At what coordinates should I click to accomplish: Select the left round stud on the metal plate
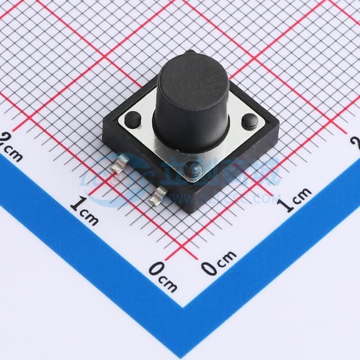[133, 119]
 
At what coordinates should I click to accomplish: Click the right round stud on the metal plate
[250, 121]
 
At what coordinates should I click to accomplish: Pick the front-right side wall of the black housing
[239, 174]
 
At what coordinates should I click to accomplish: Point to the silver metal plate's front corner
[194, 180]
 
